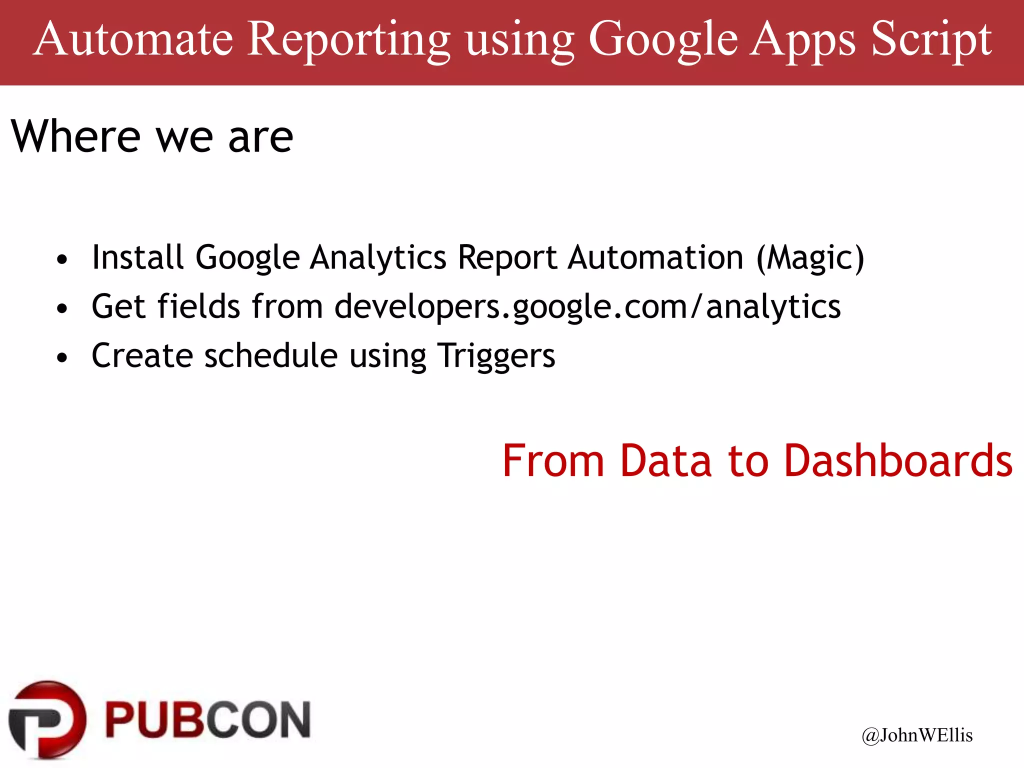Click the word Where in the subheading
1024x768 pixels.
(x=76, y=136)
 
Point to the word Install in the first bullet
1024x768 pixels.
(x=137, y=257)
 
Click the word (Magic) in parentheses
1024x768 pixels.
(x=810, y=258)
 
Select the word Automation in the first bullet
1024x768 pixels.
(x=655, y=257)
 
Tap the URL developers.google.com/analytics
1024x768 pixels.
(x=587, y=306)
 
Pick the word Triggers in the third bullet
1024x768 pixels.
(x=496, y=356)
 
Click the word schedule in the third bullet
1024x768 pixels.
(x=271, y=355)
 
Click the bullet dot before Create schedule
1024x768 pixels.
(x=62, y=358)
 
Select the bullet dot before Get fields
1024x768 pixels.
(x=62, y=309)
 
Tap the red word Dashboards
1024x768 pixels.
(x=898, y=460)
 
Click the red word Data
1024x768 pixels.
(x=665, y=460)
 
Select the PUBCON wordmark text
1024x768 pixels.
(x=208, y=720)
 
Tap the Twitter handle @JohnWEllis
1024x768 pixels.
(x=917, y=735)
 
